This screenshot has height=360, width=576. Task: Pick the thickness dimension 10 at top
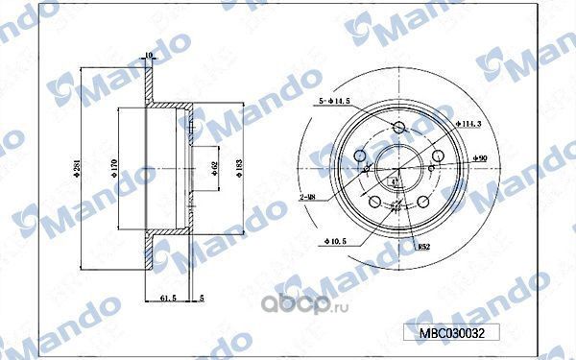point(148,55)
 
